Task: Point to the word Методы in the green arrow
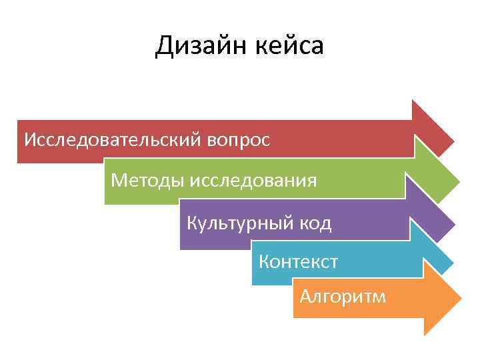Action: coord(148,180)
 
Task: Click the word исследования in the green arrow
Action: coord(253,180)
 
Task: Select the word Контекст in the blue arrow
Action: coord(298,261)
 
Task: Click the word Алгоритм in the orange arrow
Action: coord(343,296)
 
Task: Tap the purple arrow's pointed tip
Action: coord(453,223)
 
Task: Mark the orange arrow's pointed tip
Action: coord(460,297)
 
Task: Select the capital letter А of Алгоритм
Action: coord(305,296)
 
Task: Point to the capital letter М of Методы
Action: coord(119,180)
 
